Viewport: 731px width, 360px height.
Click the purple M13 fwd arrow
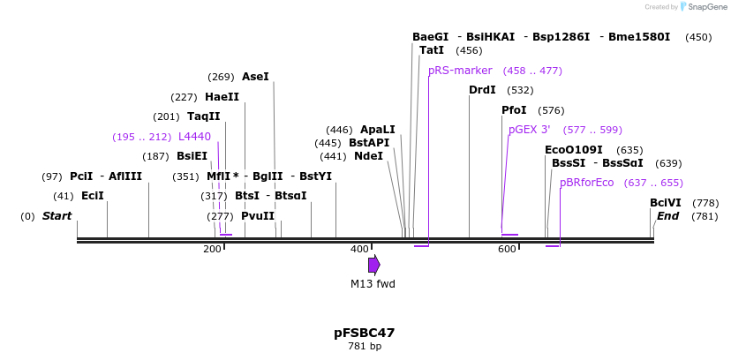[x=374, y=265]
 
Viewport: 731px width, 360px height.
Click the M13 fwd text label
[x=373, y=284]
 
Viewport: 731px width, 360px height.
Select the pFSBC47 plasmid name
[x=364, y=333]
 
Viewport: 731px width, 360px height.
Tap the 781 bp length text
[x=364, y=347]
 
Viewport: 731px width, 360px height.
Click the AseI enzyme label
[x=255, y=77]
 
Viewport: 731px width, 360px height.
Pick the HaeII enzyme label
[x=222, y=97]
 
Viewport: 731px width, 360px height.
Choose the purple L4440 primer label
[x=194, y=137]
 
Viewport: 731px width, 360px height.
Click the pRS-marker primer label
[x=460, y=71]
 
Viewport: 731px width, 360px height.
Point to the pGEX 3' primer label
[x=529, y=130]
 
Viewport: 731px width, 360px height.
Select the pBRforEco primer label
[x=586, y=183]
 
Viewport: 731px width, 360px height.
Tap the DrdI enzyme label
[x=482, y=90]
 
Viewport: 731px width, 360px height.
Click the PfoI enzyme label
[x=514, y=110]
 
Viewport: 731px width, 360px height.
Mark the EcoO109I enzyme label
[x=574, y=150]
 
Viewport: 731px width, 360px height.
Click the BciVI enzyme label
[x=665, y=203]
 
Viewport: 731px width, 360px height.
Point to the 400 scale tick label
[x=359, y=250]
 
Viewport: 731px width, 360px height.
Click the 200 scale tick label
[x=212, y=250]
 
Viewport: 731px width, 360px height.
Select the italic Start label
[x=57, y=216]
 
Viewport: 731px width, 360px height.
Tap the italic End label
[x=667, y=216]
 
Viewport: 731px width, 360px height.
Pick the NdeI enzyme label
[x=368, y=156]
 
